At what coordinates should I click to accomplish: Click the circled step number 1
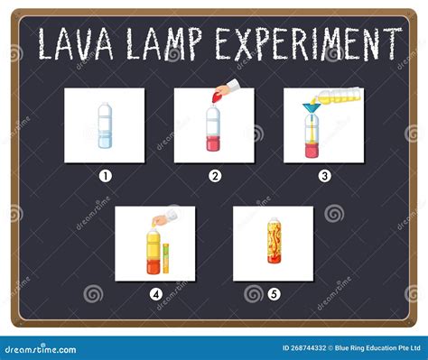click(105, 176)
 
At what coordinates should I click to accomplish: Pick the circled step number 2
click(215, 176)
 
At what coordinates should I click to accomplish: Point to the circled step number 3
click(323, 176)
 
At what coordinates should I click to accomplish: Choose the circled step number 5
click(274, 293)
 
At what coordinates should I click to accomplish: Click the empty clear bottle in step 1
click(105, 127)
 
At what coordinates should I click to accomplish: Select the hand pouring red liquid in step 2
click(226, 89)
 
